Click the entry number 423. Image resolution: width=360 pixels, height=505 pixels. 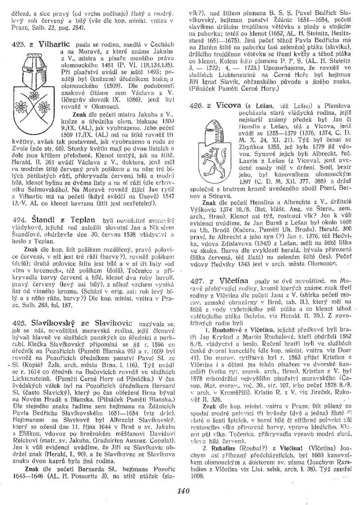[x=17, y=46]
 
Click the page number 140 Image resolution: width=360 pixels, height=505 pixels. [x=180, y=491]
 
